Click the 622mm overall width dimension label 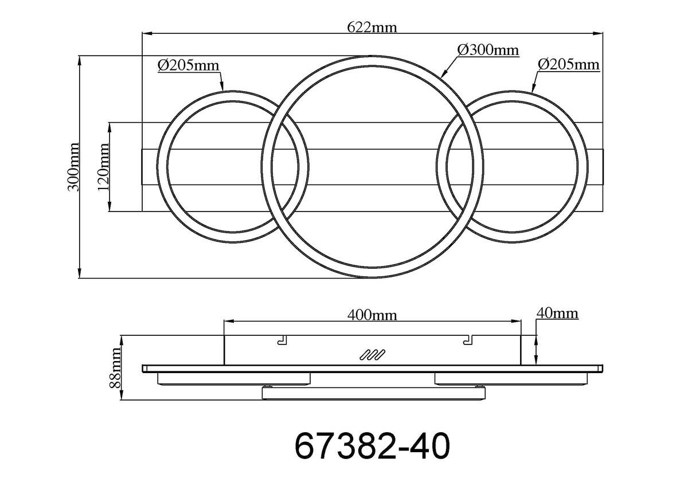click(372, 27)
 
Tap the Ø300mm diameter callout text click(488, 50)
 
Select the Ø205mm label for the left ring click(189, 65)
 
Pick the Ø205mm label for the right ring click(569, 64)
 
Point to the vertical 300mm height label click(73, 167)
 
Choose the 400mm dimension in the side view click(372, 314)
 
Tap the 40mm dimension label click(556, 313)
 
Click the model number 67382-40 click(372, 446)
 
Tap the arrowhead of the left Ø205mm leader click(222, 89)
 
